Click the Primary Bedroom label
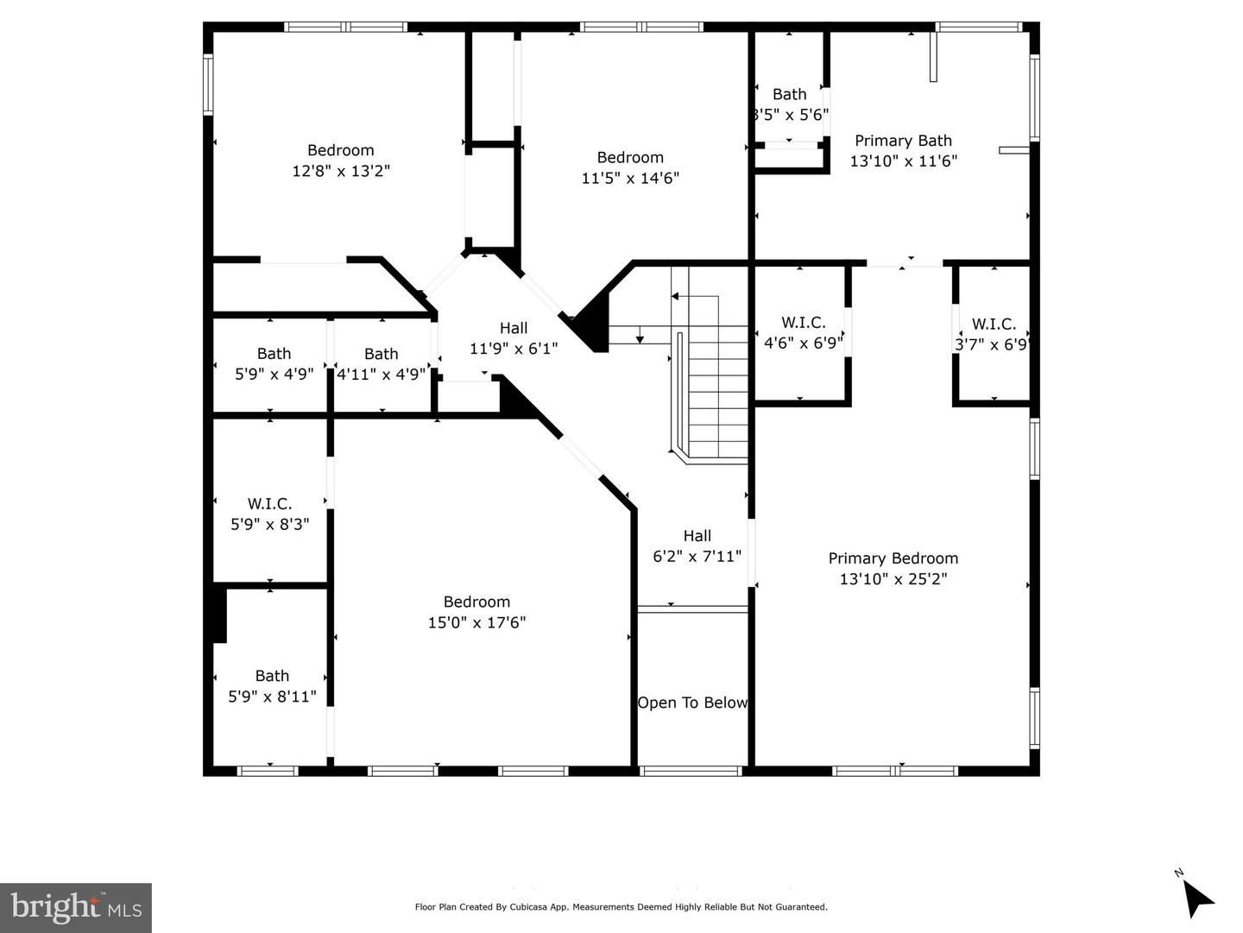click(893, 558)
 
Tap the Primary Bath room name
click(903, 141)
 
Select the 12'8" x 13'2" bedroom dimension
click(341, 171)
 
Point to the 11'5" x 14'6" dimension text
click(630, 178)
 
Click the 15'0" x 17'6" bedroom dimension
click(476, 622)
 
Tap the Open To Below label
click(692, 703)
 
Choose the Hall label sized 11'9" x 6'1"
click(514, 328)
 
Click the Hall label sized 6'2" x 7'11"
click(697, 536)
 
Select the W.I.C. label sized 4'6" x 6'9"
click(804, 322)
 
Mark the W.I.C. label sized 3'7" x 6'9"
click(994, 324)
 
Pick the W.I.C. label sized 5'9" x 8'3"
click(269, 503)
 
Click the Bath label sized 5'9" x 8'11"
click(272, 676)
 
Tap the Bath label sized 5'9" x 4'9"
click(274, 353)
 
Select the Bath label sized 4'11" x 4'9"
click(381, 354)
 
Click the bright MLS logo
click(76, 907)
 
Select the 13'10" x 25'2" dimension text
click(893, 579)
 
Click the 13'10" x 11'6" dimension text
click(903, 161)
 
